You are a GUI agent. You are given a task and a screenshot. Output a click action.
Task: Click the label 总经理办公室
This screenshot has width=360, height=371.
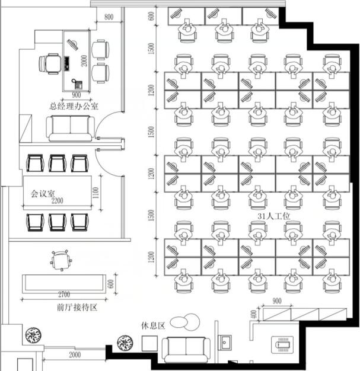[74, 105]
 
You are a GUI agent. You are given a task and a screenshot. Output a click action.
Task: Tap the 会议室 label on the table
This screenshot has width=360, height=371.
[43, 194]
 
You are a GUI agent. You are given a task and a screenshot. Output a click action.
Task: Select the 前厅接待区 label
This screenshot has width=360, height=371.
[77, 308]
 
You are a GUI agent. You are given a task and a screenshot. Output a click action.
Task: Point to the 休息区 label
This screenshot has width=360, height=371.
[153, 325]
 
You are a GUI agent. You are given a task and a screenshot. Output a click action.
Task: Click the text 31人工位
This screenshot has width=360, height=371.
[274, 216]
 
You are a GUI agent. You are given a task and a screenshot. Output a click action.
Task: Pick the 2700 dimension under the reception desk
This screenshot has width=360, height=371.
[64, 294]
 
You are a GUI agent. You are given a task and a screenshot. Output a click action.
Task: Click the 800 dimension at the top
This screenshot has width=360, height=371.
[109, 17]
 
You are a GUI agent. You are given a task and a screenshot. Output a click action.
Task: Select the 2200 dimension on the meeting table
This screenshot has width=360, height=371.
[58, 201]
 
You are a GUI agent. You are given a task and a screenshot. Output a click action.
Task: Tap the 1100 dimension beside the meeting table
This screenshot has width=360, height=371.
[95, 193]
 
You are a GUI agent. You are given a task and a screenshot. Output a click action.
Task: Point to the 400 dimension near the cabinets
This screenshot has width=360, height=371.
[253, 314]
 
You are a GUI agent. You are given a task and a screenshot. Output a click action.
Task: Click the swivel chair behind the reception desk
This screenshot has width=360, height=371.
[61, 260]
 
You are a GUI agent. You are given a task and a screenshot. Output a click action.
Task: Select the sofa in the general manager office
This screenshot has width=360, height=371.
[71, 129]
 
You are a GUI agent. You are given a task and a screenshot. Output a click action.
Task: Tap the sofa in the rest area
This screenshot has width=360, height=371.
[186, 350]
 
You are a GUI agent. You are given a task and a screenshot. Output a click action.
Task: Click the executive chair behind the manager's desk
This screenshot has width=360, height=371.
[50, 64]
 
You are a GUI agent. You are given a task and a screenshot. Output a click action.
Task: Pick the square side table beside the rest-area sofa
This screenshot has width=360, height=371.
[149, 343]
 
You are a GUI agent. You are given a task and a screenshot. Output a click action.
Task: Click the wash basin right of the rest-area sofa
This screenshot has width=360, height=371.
[225, 343]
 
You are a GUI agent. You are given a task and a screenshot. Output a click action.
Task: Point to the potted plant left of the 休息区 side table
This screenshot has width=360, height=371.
[125, 343]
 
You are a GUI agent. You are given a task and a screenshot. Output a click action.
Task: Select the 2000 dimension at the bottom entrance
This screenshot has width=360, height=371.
[75, 354]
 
